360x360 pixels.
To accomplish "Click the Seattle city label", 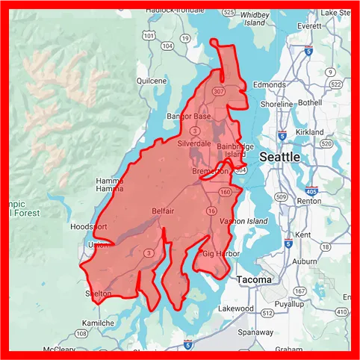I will [280, 158].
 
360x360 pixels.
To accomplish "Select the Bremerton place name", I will [211, 171].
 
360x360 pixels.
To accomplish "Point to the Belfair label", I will [163, 211].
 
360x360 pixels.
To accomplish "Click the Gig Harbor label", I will [218, 255].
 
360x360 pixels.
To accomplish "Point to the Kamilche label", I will [99, 323].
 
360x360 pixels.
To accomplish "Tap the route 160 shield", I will [225, 191].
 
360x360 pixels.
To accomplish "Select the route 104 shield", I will [168, 46].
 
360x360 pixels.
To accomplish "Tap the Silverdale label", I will [194, 143].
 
